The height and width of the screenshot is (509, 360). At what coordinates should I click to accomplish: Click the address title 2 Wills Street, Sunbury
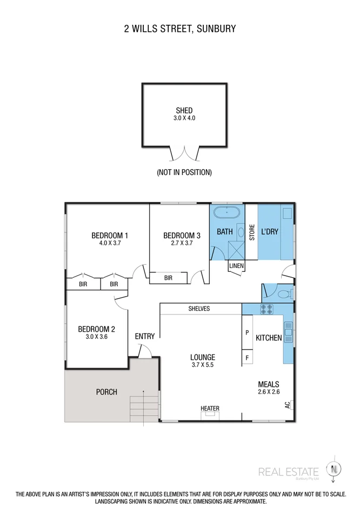tap(180, 28)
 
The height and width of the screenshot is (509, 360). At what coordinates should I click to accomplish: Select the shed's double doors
tap(184, 153)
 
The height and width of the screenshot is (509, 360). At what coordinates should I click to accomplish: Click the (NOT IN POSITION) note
tap(184, 172)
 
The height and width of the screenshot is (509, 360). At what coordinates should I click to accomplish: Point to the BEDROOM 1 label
tap(110, 235)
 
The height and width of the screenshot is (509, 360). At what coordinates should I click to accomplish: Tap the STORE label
tap(251, 232)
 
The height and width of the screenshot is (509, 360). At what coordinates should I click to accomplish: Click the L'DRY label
tap(269, 232)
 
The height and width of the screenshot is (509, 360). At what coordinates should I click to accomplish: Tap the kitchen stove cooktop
tap(266, 309)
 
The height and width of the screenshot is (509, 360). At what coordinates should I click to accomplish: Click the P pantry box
tap(248, 333)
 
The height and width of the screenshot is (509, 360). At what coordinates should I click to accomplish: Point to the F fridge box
tap(248, 357)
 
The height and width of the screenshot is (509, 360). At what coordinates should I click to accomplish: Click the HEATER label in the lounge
tap(210, 408)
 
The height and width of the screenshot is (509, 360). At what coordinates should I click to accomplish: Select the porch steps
tap(143, 407)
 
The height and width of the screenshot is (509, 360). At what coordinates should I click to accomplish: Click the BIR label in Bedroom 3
tap(168, 278)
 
